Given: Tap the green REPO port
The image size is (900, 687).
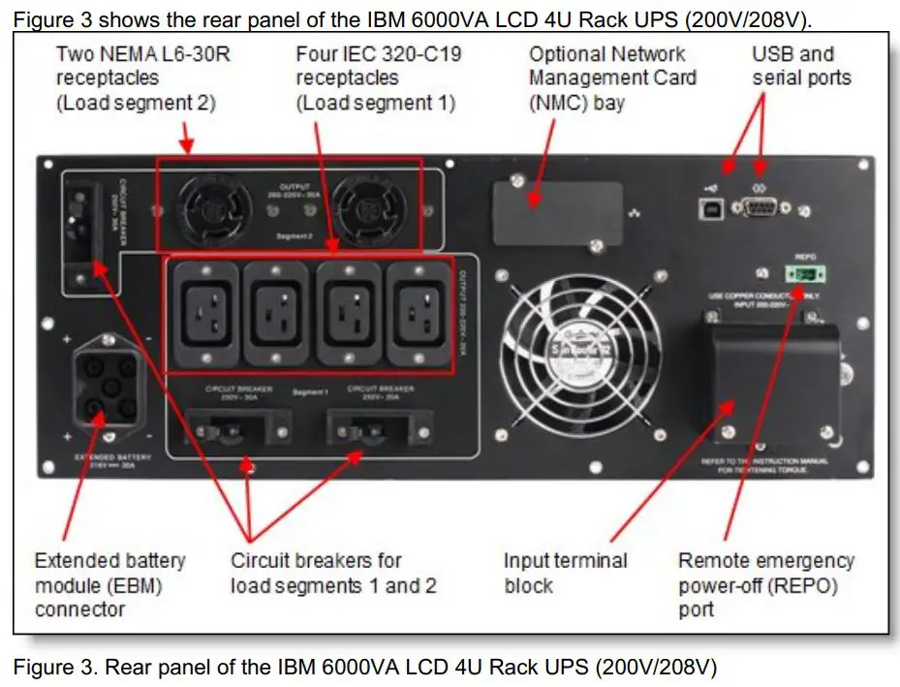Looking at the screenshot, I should coord(803,276).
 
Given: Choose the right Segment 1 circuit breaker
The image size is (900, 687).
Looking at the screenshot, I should coord(373,426).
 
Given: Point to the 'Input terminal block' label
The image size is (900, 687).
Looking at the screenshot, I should coord(565,573).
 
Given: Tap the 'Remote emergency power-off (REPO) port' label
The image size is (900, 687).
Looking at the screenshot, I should coord(765,585).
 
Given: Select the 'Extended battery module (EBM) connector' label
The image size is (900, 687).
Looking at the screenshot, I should coord(109,584).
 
